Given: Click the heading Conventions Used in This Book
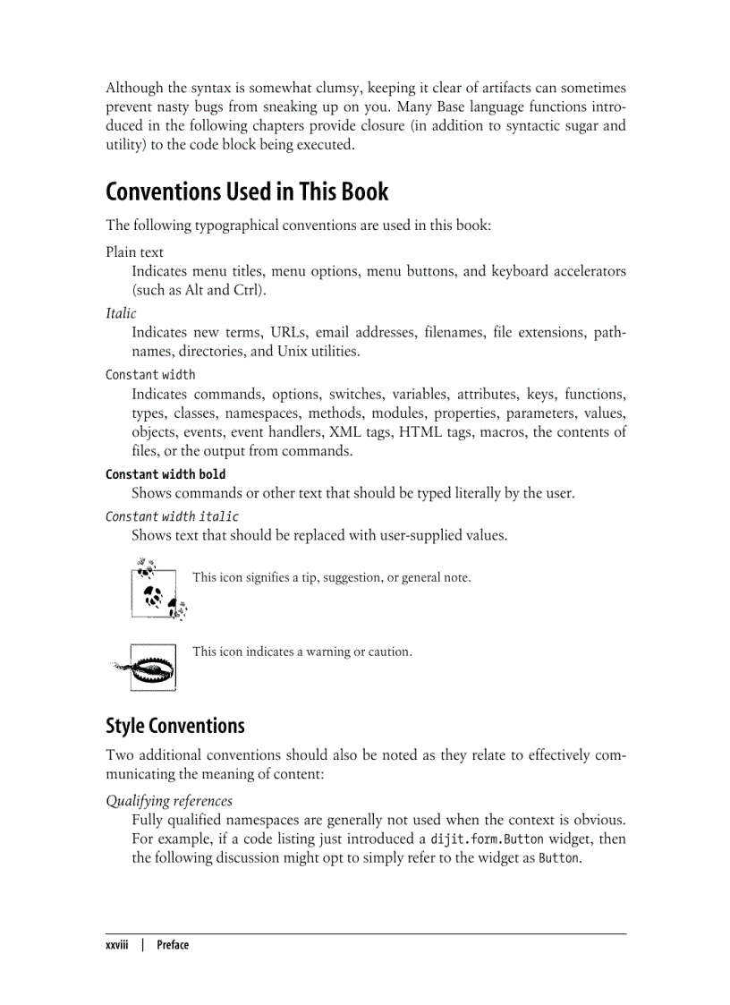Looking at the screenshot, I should [x=247, y=192].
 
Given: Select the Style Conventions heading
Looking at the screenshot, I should [x=174, y=725].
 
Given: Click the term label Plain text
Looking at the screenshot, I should [x=134, y=252].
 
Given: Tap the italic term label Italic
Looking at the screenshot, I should [x=121, y=313].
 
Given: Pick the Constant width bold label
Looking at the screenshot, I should [x=166, y=474].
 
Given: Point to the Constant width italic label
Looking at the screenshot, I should [x=172, y=516].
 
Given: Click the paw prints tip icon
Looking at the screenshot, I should [x=157, y=589].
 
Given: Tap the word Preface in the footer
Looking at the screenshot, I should [x=173, y=945].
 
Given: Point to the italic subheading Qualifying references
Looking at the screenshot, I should [x=169, y=801].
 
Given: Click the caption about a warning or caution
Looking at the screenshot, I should [x=302, y=652].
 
